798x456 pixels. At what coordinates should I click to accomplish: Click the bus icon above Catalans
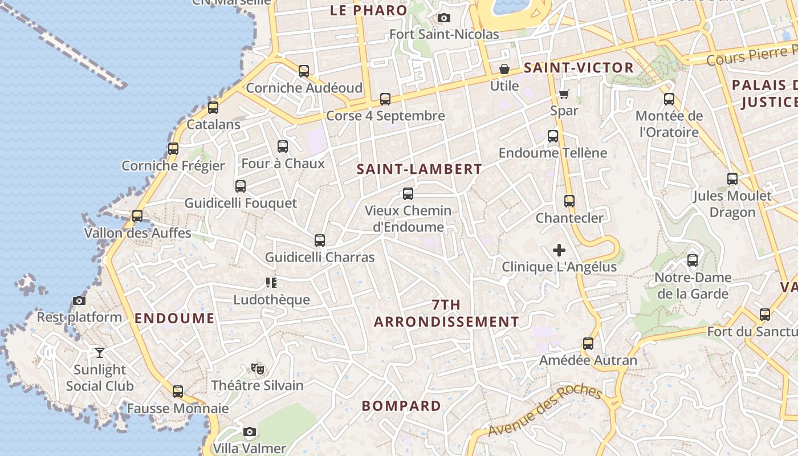[x=213, y=107]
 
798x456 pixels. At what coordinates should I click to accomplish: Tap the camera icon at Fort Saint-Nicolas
[x=444, y=18]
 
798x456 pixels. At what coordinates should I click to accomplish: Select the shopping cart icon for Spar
[x=564, y=94]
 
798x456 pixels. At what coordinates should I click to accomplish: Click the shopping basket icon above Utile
[x=504, y=70]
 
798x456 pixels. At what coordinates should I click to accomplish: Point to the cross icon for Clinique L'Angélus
[x=559, y=250]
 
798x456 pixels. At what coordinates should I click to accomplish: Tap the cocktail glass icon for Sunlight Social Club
[x=100, y=353]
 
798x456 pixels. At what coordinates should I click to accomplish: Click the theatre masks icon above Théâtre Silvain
[x=258, y=369]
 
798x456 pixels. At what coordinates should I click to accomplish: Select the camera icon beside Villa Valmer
[x=250, y=432]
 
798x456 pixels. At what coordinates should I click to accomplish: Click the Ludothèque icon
[x=271, y=283]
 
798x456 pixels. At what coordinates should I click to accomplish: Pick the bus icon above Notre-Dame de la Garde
[x=693, y=260]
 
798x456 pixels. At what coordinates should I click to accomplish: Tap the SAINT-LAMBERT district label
[x=420, y=169]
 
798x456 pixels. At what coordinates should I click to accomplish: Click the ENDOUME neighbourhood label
[x=174, y=319]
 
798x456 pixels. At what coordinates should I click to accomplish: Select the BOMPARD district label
[x=401, y=406]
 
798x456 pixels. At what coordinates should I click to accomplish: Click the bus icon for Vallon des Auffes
[x=137, y=216]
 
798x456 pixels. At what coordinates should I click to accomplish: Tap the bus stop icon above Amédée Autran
[x=588, y=344]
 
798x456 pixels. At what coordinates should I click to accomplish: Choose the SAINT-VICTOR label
[x=579, y=68]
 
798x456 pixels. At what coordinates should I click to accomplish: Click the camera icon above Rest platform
[x=79, y=301]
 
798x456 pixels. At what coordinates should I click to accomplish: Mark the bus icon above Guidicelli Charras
[x=320, y=241]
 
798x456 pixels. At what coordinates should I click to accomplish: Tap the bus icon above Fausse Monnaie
[x=178, y=392]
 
